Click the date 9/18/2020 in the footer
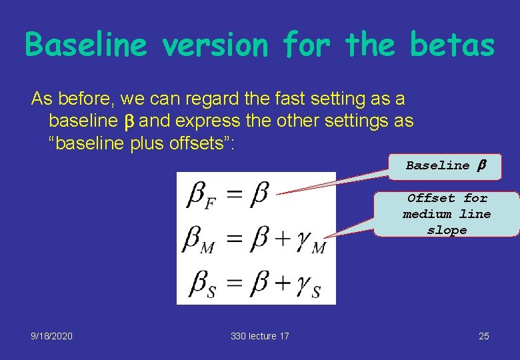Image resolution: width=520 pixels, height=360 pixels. tap(51, 336)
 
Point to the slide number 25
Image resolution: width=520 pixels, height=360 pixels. tap(483, 336)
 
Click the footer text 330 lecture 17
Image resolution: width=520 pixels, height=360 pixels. tap(260, 336)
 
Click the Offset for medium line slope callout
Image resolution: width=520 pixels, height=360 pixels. tap(447, 214)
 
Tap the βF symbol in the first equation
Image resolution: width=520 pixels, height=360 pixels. tap(202, 195)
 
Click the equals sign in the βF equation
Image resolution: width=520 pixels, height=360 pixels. tap(235, 195)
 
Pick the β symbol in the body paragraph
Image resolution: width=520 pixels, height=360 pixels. tap(129, 122)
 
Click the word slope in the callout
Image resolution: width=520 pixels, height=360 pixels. tap(447, 230)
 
